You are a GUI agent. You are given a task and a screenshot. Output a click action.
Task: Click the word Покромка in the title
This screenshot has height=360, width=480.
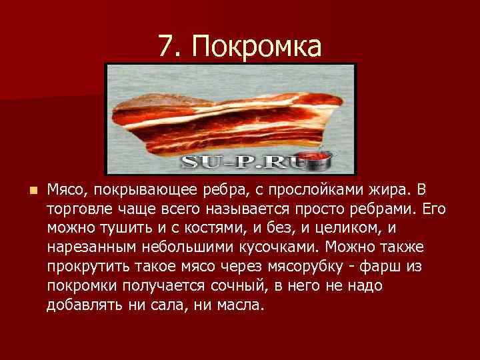pyautogui.click(x=257, y=46)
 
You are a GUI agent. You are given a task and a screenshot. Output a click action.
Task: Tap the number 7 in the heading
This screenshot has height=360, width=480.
pyautogui.click(x=166, y=46)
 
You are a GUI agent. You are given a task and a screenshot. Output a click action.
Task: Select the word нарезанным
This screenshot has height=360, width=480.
pyautogui.click(x=92, y=247)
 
